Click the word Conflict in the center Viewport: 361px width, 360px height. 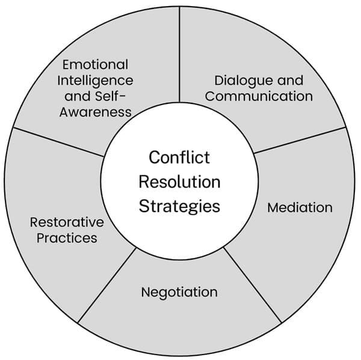(x=179, y=157)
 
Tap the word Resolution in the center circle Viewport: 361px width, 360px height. (x=179, y=182)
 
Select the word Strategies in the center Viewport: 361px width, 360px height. (x=179, y=206)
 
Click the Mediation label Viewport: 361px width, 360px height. (x=300, y=207)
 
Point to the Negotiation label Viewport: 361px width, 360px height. (x=179, y=292)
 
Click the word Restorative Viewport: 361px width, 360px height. (x=67, y=222)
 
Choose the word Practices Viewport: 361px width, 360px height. (x=67, y=237)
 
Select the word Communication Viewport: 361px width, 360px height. (x=259, y=96)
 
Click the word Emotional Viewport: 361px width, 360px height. (x=96, y=64)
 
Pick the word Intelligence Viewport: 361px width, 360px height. (x=96, y=80)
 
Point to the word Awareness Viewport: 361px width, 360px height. (x=96, y=112)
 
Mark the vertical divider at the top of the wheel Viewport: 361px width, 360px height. (x=180, y=54)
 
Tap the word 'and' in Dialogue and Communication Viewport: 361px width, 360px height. (x=290, y=81)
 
